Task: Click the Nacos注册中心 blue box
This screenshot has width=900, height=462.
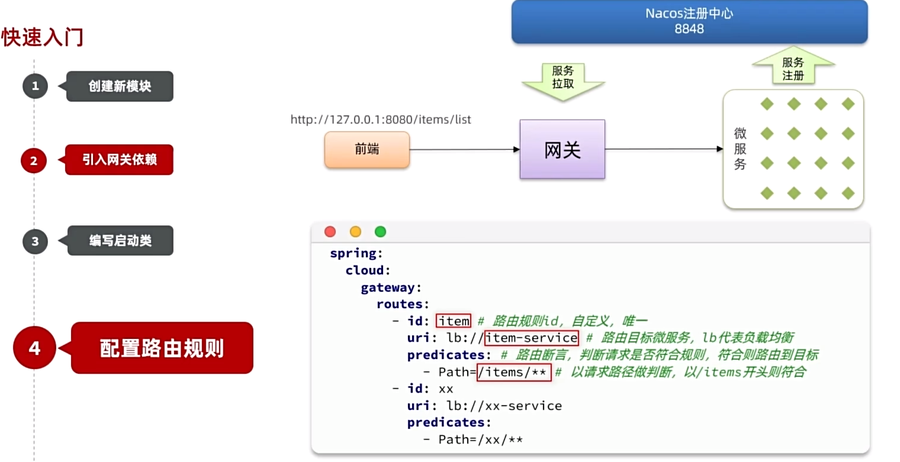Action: click(x=689, y=21)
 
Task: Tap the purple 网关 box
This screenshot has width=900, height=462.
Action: click(x=562, y=150)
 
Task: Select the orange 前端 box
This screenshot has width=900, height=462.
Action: click(x=367, y=150)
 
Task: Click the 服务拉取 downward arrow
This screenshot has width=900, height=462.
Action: click(x=562, y=80)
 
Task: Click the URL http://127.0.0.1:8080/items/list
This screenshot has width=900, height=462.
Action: click(x=381, y=119)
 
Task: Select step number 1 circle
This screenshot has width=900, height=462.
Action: click(x=35, y=86)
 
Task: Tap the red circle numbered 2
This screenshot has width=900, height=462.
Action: click(x=34, y=160)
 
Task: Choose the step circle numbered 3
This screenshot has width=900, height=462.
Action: click(x=35, y=241)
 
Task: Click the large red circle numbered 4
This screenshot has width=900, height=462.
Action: click(x=35, y=348)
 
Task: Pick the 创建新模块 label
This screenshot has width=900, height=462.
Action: click(x=120, y=86)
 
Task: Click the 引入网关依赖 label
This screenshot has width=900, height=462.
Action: click(x=120, y=160)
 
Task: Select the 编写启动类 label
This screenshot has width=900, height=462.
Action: click(x=121, y=241)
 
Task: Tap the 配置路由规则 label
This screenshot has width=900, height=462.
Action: click(x=162, y=348)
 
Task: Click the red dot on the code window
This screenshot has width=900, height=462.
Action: click(x=330, y=232)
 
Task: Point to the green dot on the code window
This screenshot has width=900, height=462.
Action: click(x=380, y=232)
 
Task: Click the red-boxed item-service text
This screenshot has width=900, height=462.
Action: click(x=531, y=338)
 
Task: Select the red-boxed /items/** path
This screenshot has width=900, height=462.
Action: click(x=514, y=372)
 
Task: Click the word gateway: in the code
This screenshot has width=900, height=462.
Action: click(x=391, y=287)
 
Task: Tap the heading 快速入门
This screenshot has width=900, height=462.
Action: click(x=42, y=37)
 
